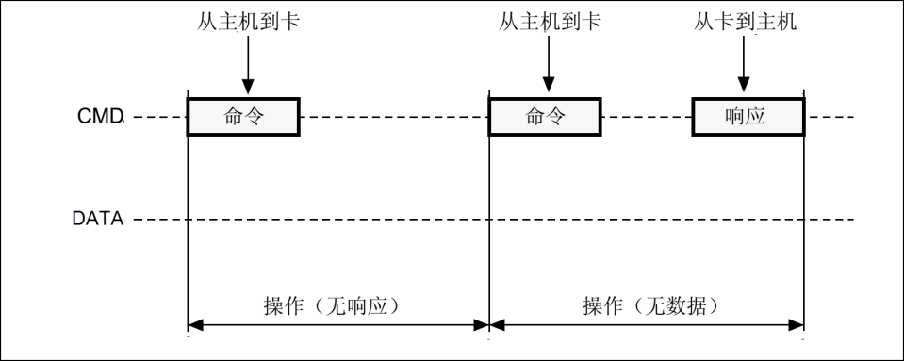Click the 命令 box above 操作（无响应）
point(244,117)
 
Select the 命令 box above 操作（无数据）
point(544,117)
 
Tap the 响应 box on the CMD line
point(748,117)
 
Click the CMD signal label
point(100,117)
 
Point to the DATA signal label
point(98,220)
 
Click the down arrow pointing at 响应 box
point(745,66)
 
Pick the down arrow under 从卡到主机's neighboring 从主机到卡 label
point(546,66)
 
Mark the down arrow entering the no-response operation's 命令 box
point(245,66)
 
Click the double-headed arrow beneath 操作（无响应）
point(338,326)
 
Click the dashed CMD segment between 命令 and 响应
point(646,117)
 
